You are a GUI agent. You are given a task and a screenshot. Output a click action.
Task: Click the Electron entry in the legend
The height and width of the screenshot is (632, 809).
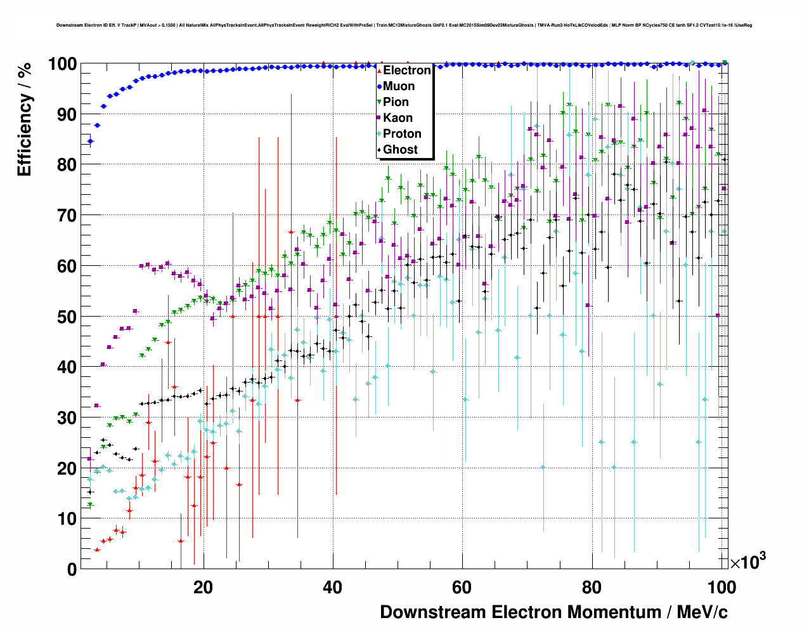click(x=406, y=70)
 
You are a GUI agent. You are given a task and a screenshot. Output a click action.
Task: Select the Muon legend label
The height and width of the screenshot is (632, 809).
click(x=399, y=86)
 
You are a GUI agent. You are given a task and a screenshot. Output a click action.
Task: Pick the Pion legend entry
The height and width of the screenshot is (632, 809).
click(x=396, y=102)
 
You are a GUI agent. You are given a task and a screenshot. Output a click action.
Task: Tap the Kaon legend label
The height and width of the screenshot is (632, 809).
click(x=398, y=118)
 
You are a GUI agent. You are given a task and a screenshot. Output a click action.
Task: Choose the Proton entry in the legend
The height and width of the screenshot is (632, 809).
click(x=402, y=134)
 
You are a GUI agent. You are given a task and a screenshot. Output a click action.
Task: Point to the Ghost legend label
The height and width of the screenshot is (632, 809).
click(x=400, y=150)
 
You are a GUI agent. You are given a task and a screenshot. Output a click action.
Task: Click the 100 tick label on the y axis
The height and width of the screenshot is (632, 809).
click(x=62, y=64)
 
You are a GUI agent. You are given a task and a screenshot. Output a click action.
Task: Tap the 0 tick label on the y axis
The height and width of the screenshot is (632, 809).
click(x=72, y=569)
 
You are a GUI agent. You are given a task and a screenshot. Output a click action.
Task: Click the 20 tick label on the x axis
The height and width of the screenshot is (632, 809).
click(x=203, y=588)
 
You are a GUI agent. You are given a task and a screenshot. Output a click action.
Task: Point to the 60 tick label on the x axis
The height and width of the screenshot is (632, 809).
click(x=462, y=588)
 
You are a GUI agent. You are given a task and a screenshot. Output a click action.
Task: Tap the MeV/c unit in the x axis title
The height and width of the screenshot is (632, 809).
click(x=702, y=612)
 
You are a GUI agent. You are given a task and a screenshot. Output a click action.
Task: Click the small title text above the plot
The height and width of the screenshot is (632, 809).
click(x=404, y=25)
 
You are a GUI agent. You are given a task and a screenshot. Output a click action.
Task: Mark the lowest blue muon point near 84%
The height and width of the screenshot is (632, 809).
click(x=90, y=141)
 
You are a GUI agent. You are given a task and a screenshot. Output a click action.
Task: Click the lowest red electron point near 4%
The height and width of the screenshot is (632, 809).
click(x=97, y=550)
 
